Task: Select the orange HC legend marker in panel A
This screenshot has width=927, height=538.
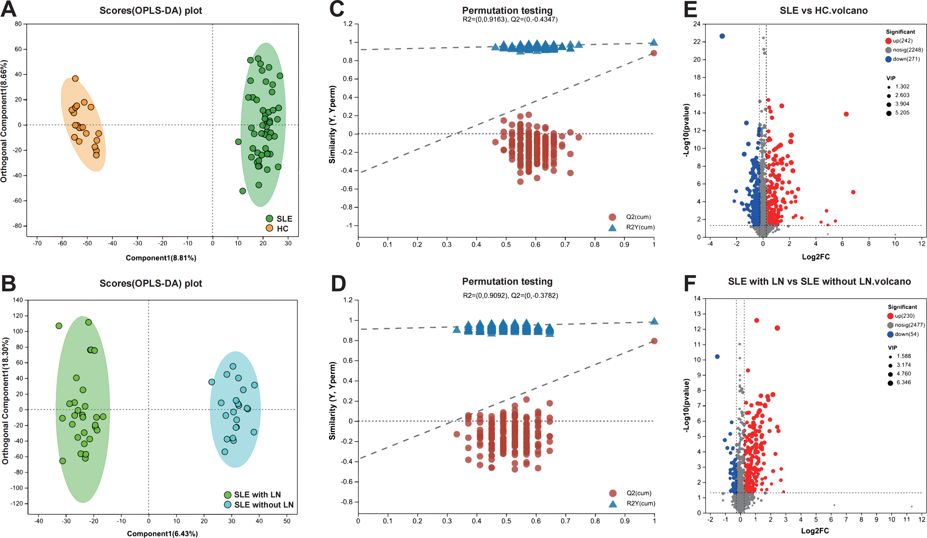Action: pyautogui.click(x=270, y=228)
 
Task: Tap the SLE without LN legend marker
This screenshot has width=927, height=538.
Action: pyautogui.click(x=228, y=505)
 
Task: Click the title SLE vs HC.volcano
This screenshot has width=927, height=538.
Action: pyautogui.click(x=823, y=10)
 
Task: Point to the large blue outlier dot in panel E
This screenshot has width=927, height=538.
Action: pyautogui.click(x=722, y=36)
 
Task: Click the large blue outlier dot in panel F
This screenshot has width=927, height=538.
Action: pyautogui.click(x=717, y=356)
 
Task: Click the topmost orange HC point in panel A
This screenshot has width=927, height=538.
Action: pyautogui.click(x=75, y=79)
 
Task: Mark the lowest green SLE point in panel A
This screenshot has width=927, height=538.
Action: pyautogui.click(x=243, y=191)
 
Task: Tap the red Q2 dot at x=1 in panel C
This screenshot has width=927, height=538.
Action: pyautogui.click(x=654, y=53)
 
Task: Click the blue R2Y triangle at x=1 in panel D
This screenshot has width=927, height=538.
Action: pyautogui.click(x=654, y=321)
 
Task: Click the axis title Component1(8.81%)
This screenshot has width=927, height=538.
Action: pyautogui.click(x=161, y=258)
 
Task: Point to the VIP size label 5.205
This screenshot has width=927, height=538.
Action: pyautogui.click(x=902, y=113)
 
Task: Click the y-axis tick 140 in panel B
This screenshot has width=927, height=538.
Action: pyautogui.click(x=18, y=300)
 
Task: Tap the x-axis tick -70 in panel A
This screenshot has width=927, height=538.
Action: pyautogui.click(x=37, y=244)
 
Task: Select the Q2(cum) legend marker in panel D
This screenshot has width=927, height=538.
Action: pyautogui.click(x=613, y=493)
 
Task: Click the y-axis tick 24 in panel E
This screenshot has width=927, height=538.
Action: pyautogui.click(x=697, y=24)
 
